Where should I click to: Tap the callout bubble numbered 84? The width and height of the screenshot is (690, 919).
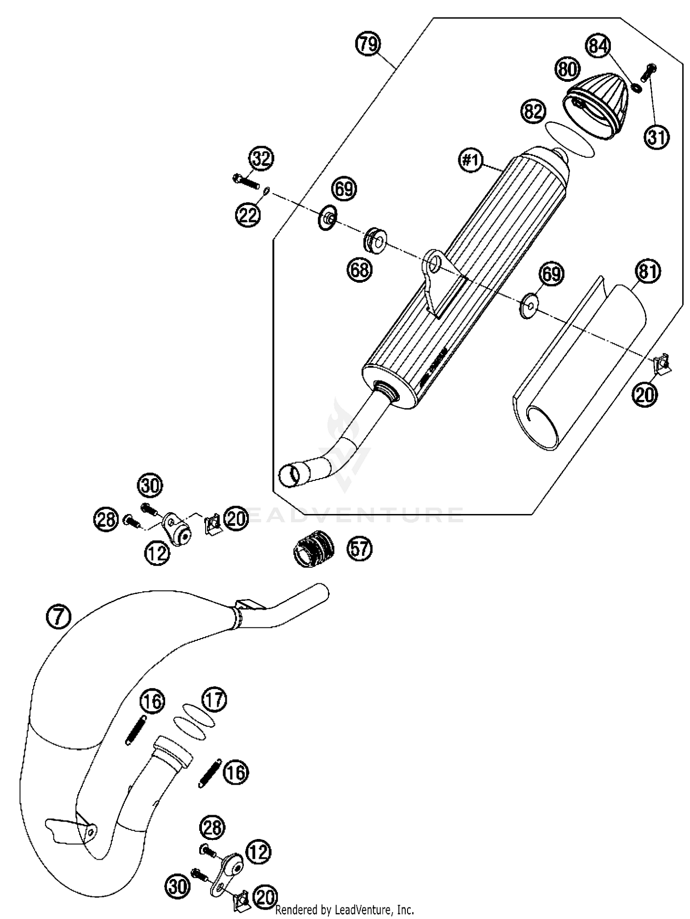(598, 46)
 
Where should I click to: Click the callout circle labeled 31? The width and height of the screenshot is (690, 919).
(656, 137)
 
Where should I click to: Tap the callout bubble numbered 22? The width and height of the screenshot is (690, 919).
(248, 214)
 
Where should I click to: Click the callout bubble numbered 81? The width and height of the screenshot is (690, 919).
(648, 272)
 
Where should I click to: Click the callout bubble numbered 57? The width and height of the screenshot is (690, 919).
(359, 549)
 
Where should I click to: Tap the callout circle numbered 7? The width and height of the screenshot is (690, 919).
(59, 617)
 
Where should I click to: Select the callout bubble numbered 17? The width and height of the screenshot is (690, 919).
(214, 700)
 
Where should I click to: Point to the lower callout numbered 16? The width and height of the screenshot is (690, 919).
(236, 772)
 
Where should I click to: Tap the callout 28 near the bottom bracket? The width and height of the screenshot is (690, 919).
(212, 828)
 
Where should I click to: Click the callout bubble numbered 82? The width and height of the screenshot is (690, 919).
(533, 112)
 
